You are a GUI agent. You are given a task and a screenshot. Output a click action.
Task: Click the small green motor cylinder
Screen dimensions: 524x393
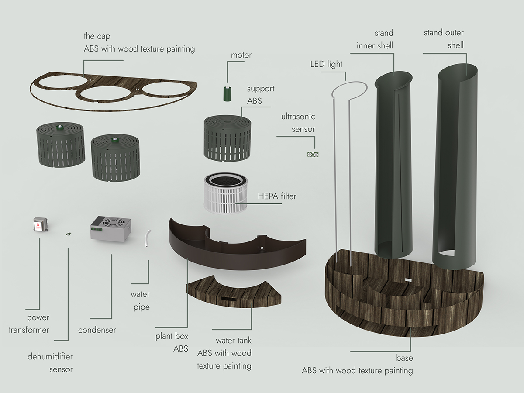click(x=227, y=94)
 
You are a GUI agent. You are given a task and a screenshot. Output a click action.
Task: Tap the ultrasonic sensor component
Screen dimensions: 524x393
click(x=313, y=155)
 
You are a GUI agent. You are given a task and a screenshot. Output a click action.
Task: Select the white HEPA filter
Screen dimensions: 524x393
click(x=226, y=193)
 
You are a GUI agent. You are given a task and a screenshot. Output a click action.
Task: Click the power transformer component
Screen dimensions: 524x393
click(x=41, y=224)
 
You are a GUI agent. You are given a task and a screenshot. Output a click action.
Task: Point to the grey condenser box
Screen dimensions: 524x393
click(x=110, y=228)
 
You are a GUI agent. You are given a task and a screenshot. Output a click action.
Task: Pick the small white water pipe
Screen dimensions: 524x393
click(x=148, y=238)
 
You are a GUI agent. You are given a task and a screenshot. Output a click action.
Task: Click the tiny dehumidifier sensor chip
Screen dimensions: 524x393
click(x=69, y=234)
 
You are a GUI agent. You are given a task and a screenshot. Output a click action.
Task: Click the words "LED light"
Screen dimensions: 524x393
click(x=326, y=64)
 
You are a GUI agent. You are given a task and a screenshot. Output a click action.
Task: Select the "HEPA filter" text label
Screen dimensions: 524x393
click(x=277, y=196)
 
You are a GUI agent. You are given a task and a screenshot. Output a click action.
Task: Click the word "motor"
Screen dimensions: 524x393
click(x=241, y=55)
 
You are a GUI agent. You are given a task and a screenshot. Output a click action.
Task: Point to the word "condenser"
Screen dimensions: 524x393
click(x=97, y=330)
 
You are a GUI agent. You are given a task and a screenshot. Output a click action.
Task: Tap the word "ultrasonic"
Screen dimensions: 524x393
click(x=298, y=117)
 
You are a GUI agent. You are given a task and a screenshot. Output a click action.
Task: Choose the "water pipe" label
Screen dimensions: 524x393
click(x=140, y=301)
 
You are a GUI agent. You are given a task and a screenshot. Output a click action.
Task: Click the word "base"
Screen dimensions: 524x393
click(x=404, y=358)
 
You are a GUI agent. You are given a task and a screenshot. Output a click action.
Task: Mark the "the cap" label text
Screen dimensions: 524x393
click(x=97, y=36)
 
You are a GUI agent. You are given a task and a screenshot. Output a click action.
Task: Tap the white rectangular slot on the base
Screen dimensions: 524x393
click(x=408, y=279)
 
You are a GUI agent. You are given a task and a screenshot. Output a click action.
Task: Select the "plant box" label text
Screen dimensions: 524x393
click(x=172, y=336)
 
